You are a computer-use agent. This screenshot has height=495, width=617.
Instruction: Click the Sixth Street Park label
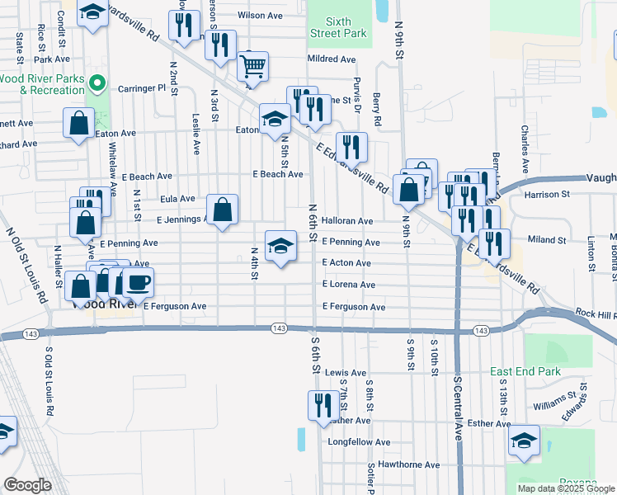(338, 27)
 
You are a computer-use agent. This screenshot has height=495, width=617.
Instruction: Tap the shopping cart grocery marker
(253, 66)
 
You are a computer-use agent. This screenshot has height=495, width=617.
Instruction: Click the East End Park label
(525, 372)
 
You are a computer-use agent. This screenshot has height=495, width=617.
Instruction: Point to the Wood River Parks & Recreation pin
(97, 83)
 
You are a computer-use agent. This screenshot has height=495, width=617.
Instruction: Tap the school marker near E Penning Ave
(280, 245)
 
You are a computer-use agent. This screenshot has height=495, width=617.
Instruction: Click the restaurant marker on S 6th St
(320, 406)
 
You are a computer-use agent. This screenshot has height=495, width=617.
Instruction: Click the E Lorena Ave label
(349, 285)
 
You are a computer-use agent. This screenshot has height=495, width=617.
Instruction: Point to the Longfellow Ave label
(359, 442)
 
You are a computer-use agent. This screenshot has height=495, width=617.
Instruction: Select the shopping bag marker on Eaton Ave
(79, 124)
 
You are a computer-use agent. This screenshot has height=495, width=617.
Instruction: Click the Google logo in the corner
(26, 485)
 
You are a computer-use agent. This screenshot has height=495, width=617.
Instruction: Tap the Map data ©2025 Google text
(566, 488)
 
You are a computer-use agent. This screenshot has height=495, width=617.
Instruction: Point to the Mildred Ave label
(331, 59)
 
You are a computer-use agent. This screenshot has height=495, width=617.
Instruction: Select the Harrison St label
(547, 195)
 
